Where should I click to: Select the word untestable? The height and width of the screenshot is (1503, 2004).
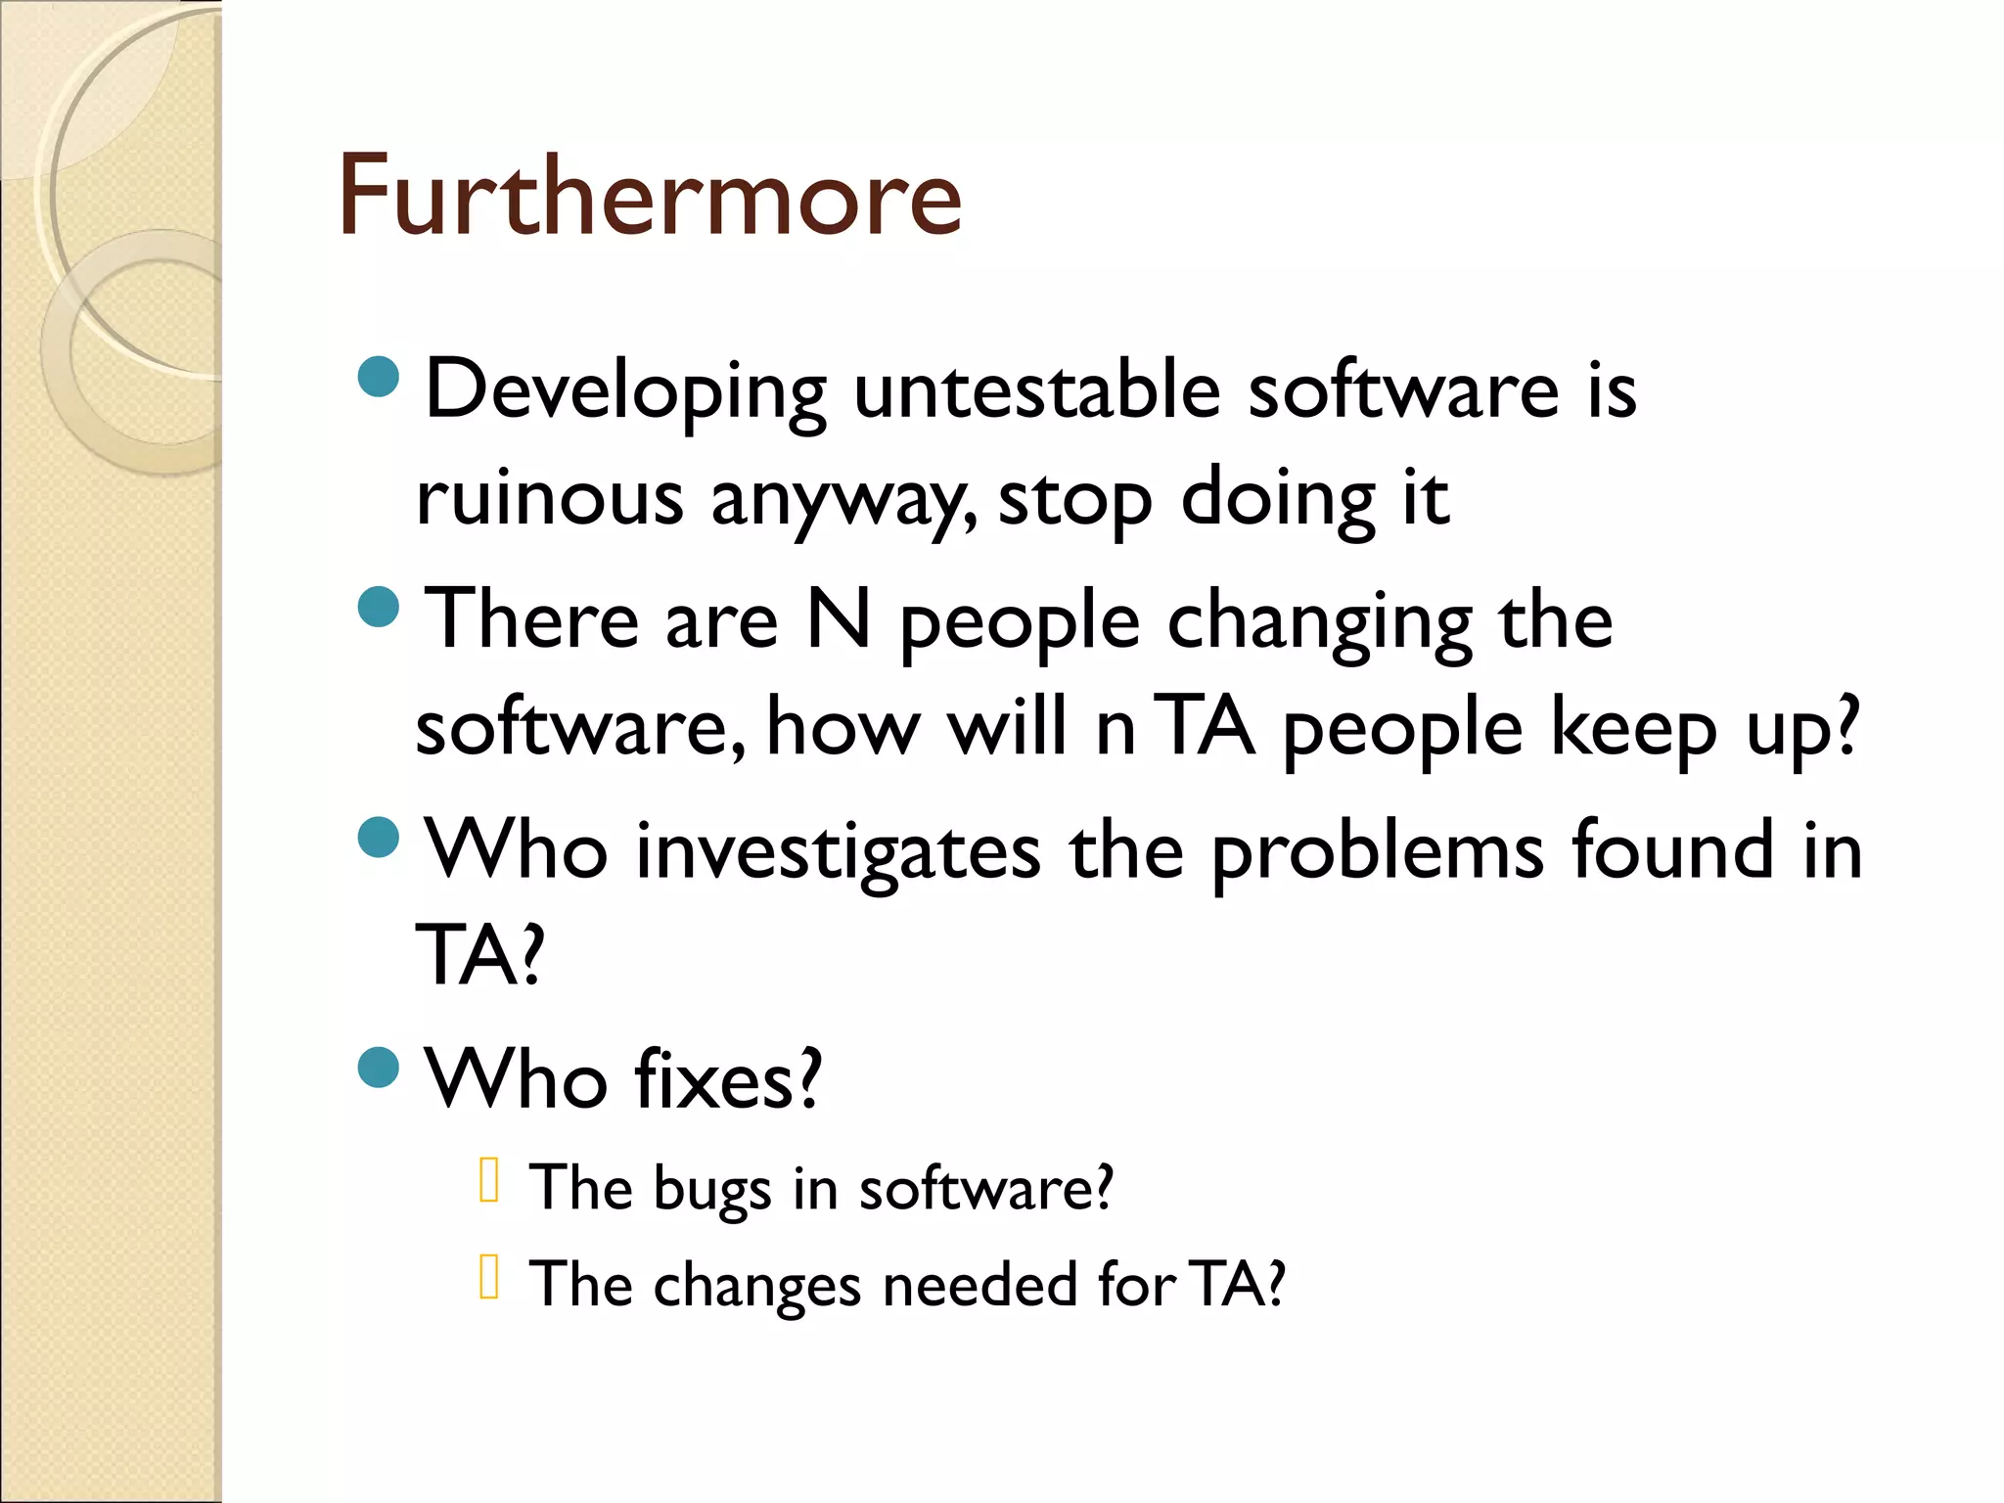tap(1037, 389)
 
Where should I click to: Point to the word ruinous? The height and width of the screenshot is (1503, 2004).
tap(549, 498)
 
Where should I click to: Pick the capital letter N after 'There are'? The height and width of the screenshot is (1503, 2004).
tap(839, 619)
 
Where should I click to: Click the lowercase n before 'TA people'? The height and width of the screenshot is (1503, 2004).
tap(1116, 729)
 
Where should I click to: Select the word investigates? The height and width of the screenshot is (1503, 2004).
tap(838, 851)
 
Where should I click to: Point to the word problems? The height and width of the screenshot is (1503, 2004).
tap(1378, 851)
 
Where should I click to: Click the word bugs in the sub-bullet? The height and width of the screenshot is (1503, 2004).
tap(711, 1190)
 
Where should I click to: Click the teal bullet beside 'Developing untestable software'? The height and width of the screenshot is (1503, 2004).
tap(379, 377)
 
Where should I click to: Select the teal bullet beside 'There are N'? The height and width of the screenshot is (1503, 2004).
tap(379, 607)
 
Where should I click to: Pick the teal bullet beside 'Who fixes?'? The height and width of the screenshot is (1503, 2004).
tap(379, 1067)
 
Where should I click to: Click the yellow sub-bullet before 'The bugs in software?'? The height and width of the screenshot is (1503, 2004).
tap(489, 1180)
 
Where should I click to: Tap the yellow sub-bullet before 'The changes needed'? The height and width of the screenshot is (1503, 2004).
tap(489, 1276)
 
